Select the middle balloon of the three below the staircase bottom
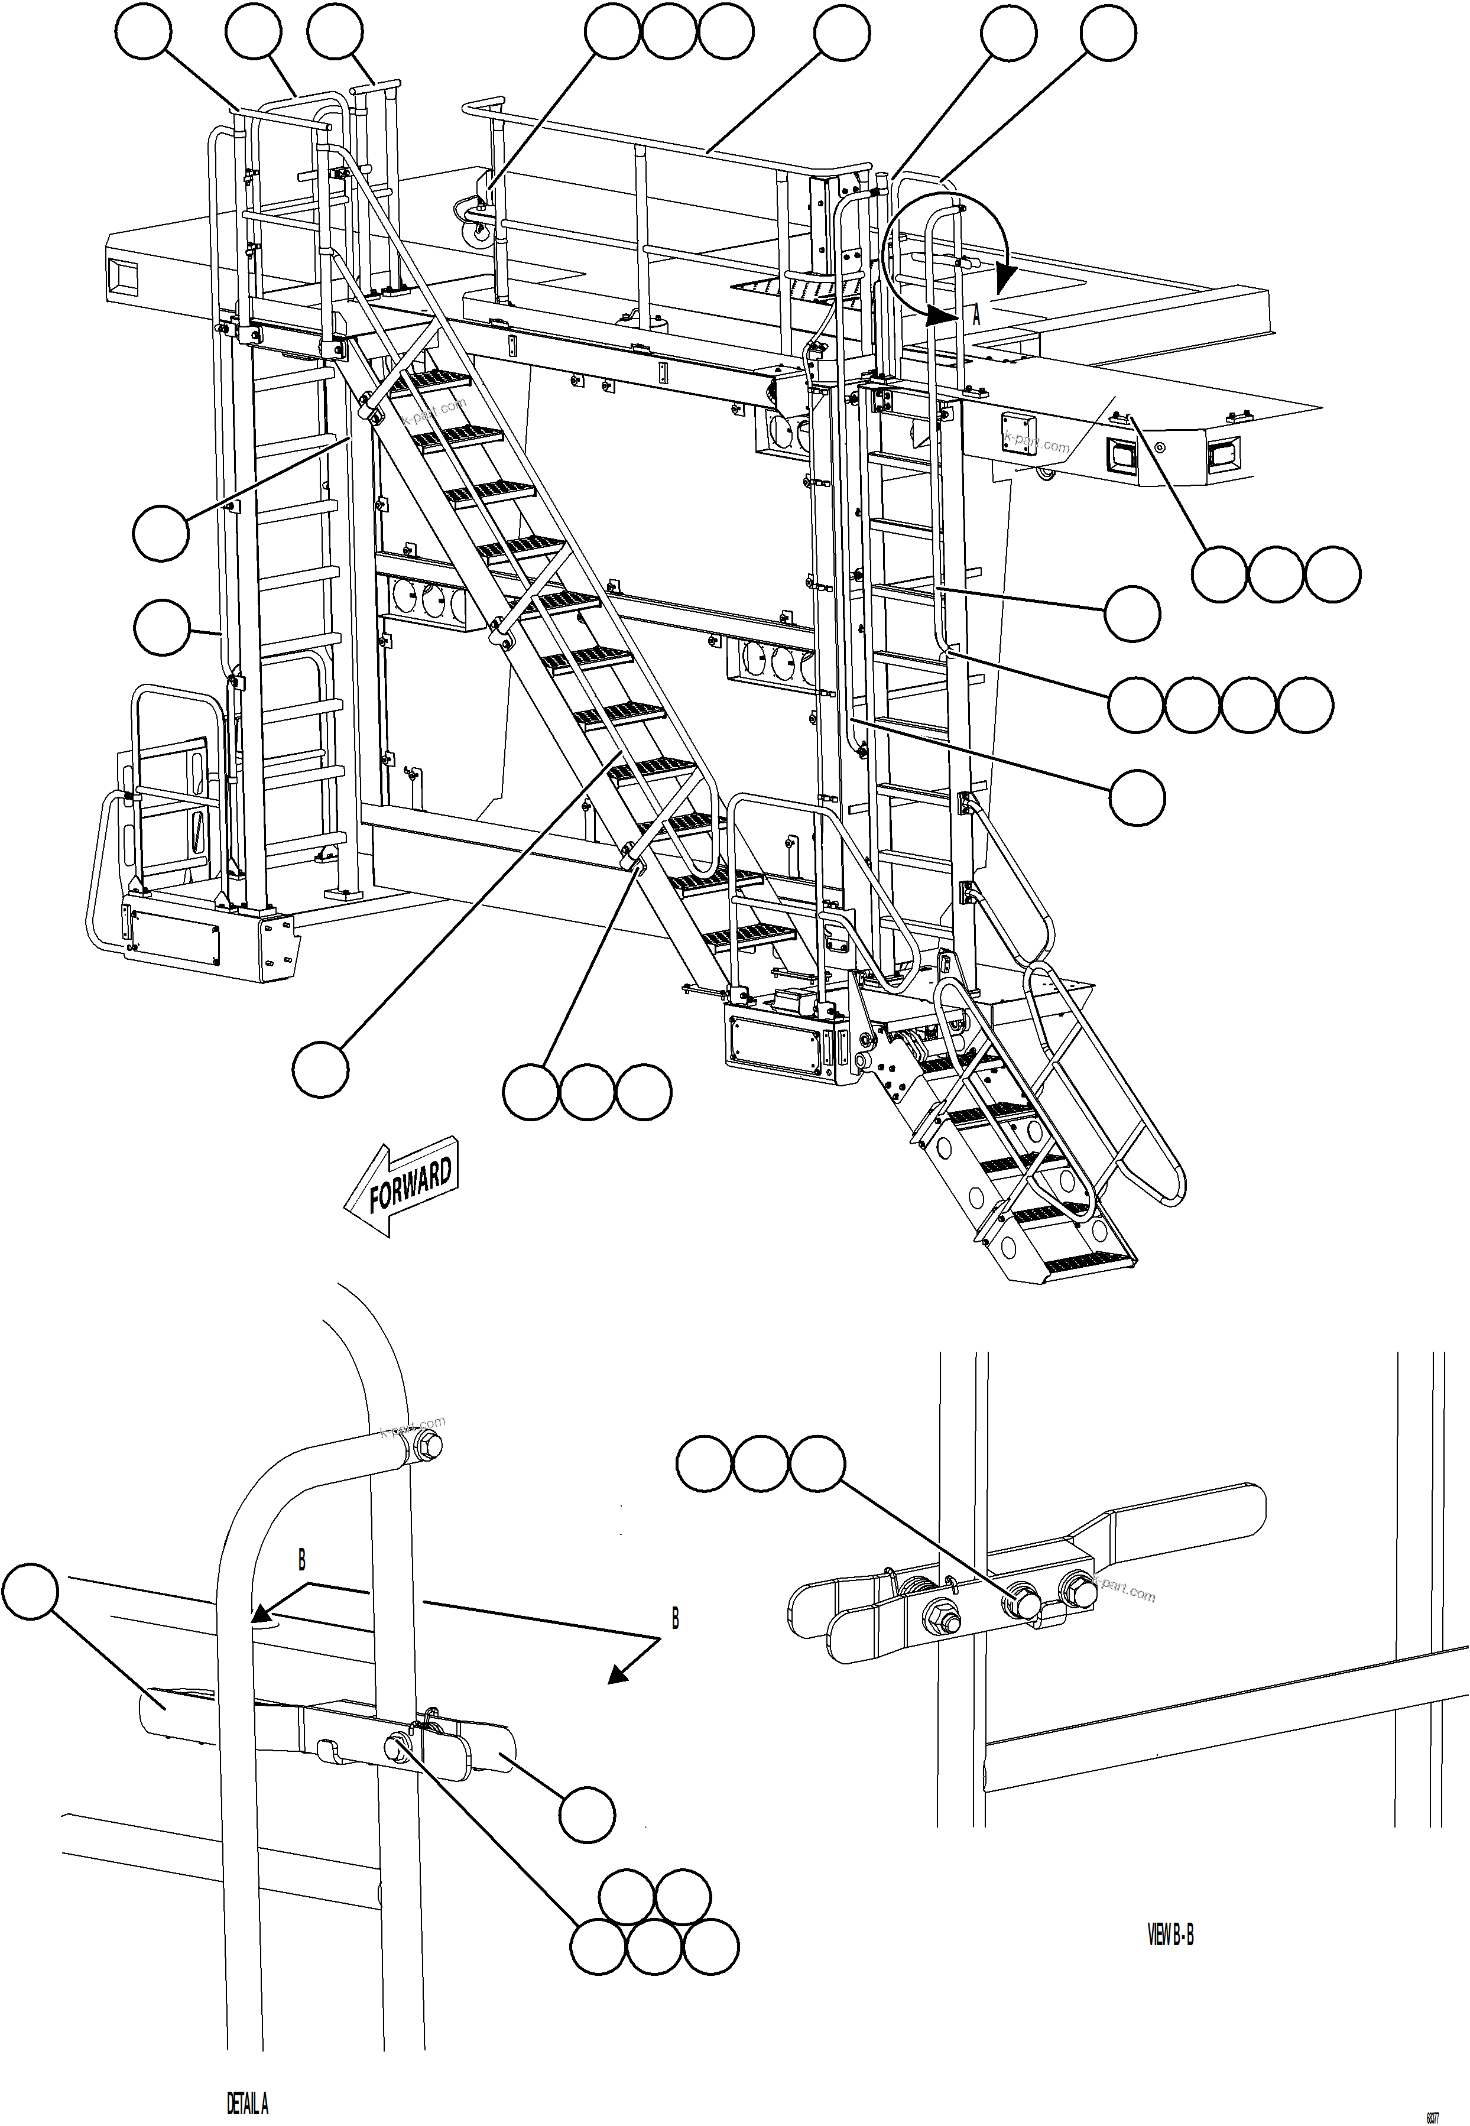pos(588,1092)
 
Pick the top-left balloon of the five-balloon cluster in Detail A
pos(627,1898)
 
